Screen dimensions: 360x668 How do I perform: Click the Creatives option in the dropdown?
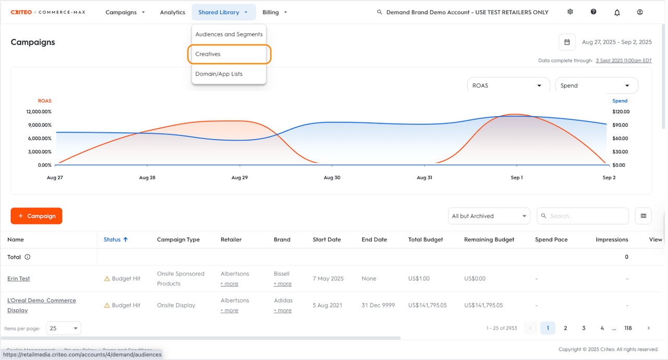point(208,54)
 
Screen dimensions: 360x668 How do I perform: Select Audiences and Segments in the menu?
point(229,34)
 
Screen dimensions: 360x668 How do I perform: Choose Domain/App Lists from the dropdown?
point(219,74)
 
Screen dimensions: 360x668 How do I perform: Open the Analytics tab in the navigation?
point(172,13)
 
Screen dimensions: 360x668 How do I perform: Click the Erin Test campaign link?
point(19,279)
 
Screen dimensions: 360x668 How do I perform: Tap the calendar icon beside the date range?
point(567,42)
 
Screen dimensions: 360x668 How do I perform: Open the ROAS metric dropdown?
point(508,86)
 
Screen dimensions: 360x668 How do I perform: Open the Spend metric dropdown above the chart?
point(596,86)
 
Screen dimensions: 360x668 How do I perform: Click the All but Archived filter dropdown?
point(489,216)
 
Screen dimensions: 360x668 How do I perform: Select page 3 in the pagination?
point(583,328)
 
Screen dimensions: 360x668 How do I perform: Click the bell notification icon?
point(617,13)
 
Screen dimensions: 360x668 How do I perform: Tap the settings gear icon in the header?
point(570,12)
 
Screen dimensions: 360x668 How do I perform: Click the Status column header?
point(112,239)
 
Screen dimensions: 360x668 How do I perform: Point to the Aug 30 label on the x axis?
point(332,178)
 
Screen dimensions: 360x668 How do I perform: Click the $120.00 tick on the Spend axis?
point(621,112)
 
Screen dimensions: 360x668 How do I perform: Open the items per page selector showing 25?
point(64,329)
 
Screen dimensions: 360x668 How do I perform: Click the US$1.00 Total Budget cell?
point(419,279)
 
